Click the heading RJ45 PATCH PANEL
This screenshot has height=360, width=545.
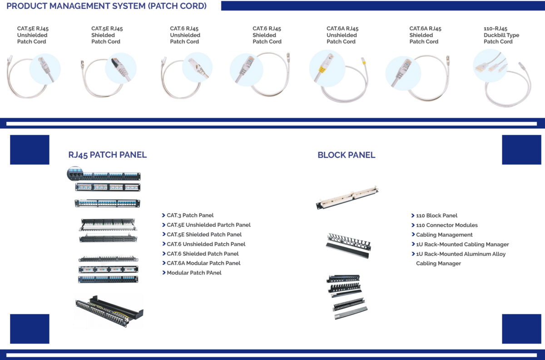click(107, 155)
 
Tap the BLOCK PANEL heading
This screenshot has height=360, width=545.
click(346, 155)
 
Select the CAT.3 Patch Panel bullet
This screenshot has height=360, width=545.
click(190, 215)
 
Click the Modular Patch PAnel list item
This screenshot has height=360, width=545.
click(194, 273)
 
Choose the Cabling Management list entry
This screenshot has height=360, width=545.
click(444, 235)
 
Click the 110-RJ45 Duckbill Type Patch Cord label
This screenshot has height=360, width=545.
click(501, 35)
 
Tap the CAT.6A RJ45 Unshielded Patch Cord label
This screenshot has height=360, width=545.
click(342, 35)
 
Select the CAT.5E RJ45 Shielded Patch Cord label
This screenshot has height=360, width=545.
click(107, 35)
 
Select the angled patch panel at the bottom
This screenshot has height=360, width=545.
click(109, 310)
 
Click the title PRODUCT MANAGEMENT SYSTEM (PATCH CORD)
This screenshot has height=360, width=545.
click(107, 6)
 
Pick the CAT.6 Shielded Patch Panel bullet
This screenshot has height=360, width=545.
click(203, 254)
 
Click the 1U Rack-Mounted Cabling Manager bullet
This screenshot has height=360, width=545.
click(462, 245)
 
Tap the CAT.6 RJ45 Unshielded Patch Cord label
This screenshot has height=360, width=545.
click(185, 35)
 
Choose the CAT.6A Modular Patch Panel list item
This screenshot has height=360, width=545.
click(203, 263)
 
